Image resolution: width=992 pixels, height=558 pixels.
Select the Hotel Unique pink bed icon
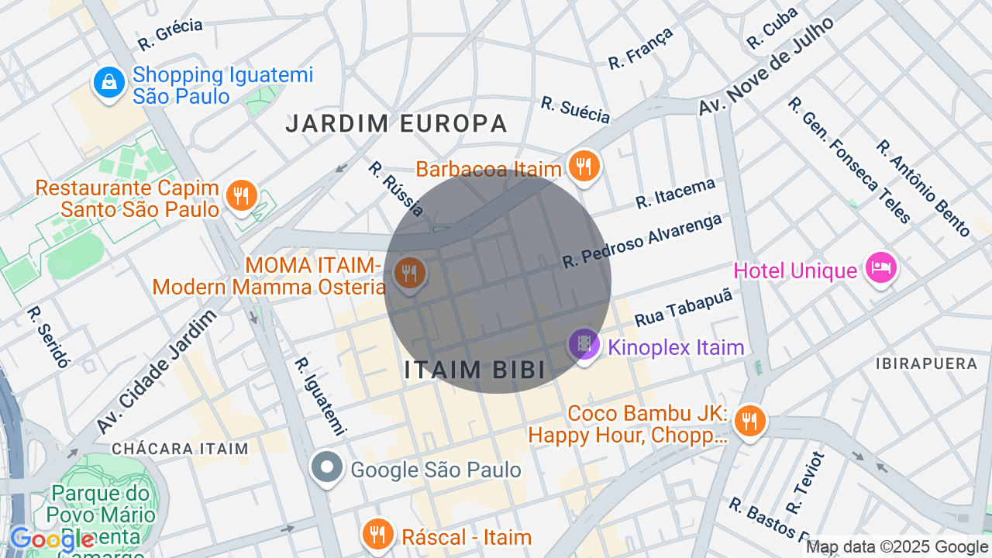pyautogui.click(x=880, y=268)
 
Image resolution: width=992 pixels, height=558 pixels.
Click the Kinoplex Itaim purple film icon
pyautogui.click(x=584, y=343)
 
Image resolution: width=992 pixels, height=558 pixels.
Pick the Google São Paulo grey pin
pyautogui.click(x=327, y=467)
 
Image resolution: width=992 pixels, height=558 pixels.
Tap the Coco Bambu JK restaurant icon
pyautogui.click(x=749, y=422)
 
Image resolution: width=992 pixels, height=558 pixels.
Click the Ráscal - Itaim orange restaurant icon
pyautogui.click(x=377, y=534)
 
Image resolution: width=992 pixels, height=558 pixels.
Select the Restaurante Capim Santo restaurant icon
pyautogui.click(x=241, y=195)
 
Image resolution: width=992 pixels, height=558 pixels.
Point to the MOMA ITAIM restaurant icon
pyautogui.click(x=408, y=274)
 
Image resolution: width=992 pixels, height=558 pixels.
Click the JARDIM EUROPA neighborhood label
pyautogui.click(x=396, y=123)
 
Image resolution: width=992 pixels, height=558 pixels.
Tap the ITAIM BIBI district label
pyautogui.click(x=475, y=370)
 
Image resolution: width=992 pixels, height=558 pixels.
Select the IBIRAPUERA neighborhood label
pyautogui.click(x=926, y=363)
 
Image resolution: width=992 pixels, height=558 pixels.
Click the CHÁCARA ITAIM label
pyautogui.click(x=180, y=449)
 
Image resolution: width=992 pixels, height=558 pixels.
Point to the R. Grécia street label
pyautogui.click(x=170, y=34)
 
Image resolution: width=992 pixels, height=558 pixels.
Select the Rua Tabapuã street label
pyautogui.click(x=683, y=308)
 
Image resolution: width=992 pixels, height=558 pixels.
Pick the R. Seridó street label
pyautogui.click(x=49, y=336)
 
